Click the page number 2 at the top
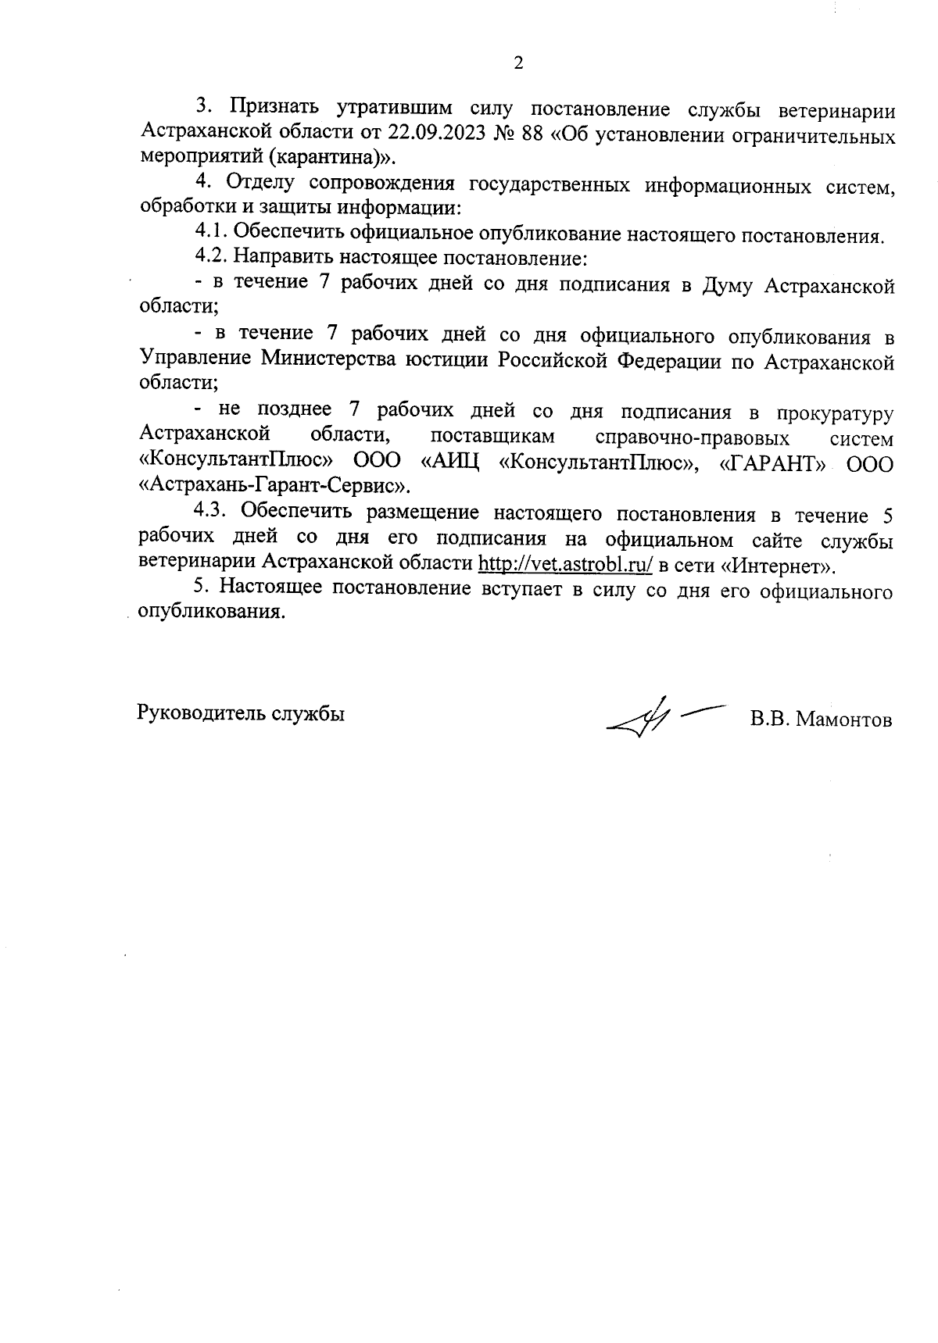pyautogui.click(x=517, y=63)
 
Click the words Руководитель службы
pyautogui.click(x=241, y=713)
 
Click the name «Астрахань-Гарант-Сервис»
pyautogui.click(x=274, y=486)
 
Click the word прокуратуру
pyautogui.click(x=836, y=413)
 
